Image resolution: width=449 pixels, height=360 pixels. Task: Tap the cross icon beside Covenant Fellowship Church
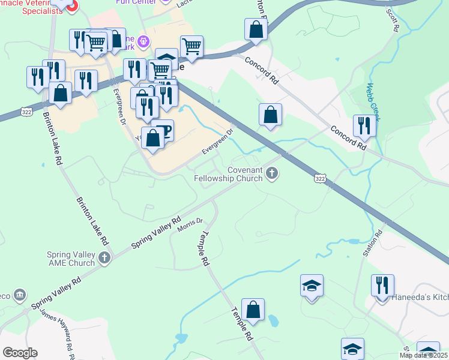coord(272,174)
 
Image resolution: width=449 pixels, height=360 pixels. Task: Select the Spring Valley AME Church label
coord(71,259)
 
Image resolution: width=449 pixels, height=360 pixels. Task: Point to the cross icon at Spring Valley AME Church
coord(105,259)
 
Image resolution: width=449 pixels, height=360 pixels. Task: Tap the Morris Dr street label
coord(191,226)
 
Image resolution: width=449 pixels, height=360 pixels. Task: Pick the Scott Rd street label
coord(393,19)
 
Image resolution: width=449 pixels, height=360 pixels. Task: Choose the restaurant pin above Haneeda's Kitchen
coord(382,286)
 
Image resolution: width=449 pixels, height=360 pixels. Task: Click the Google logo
coord(20,353)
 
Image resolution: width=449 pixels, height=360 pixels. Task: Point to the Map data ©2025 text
coord(423,355)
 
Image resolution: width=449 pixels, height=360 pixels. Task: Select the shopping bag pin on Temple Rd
coord(253,310)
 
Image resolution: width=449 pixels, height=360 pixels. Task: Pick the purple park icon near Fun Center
coord(143,42)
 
